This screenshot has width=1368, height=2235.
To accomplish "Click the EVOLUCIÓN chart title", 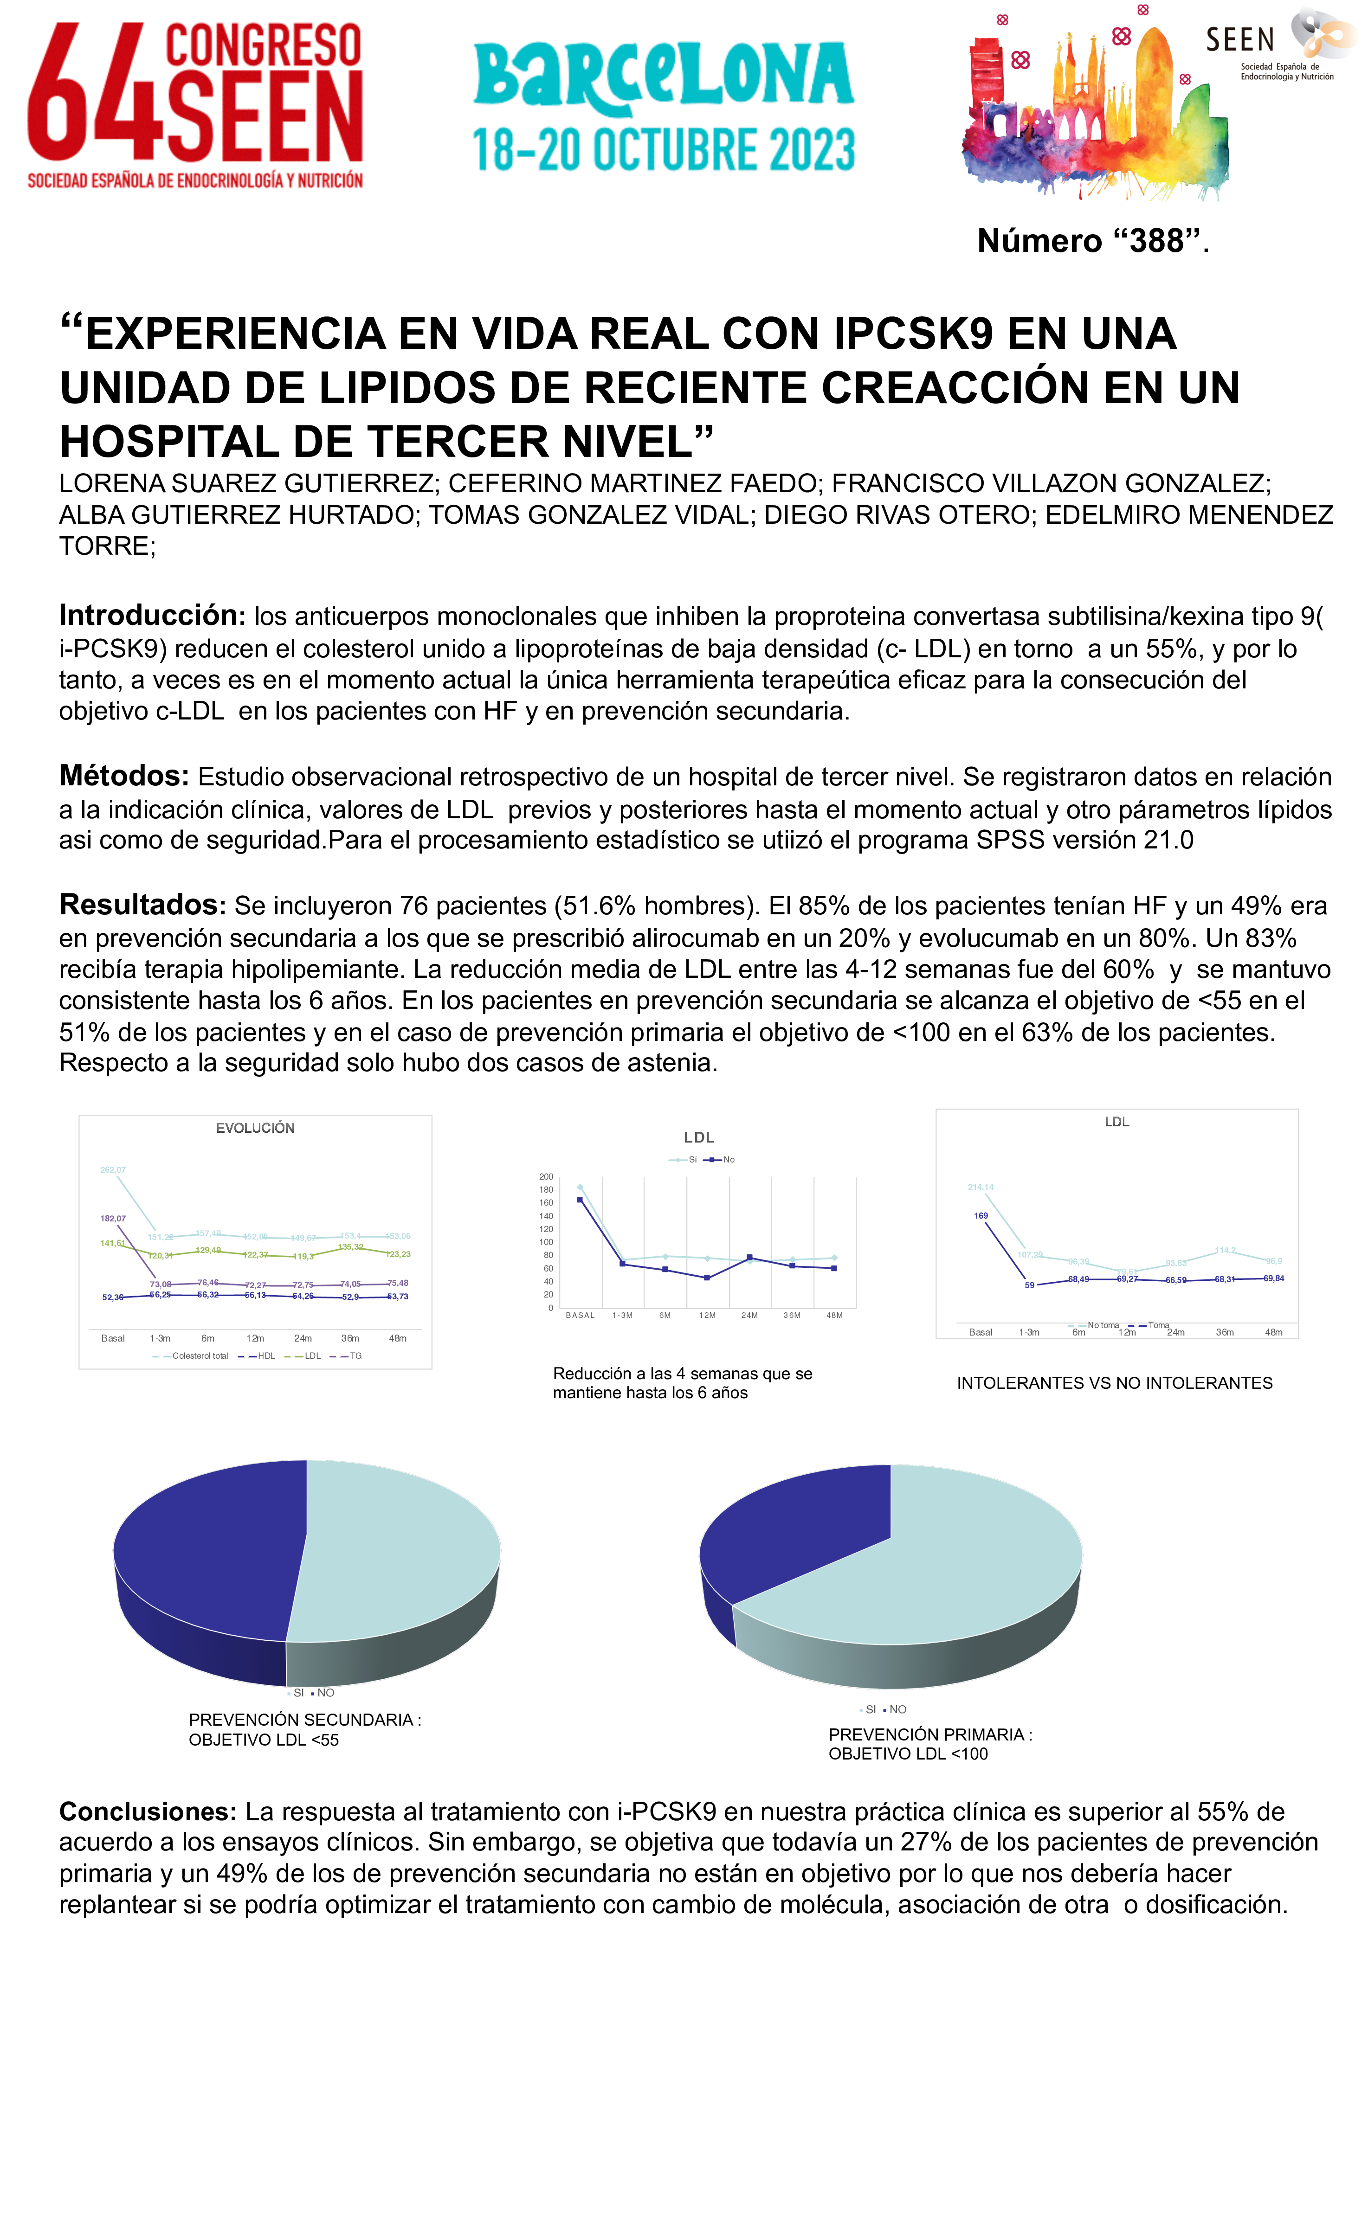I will coord(255,1128).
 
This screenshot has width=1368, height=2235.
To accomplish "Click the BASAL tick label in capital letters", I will coord(580,1315).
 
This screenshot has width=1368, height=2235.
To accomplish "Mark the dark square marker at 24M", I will coord(749,1257).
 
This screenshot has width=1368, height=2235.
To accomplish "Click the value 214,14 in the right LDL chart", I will coord(981,1188).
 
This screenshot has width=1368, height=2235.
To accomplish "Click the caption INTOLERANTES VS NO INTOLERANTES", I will coord(1114,1383).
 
